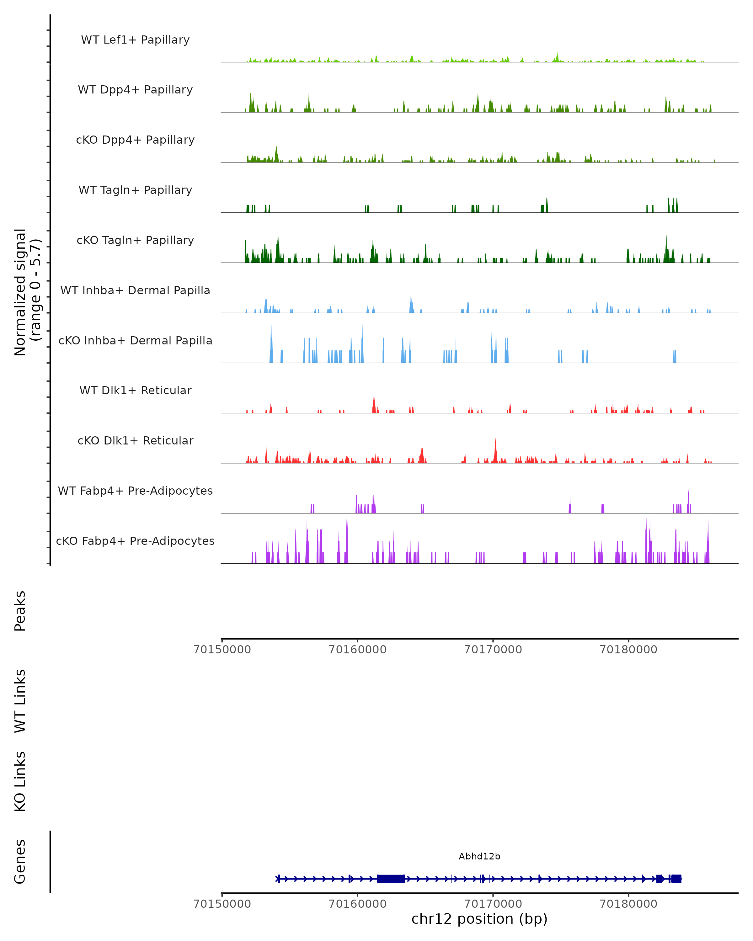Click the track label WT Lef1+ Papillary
(135, 40)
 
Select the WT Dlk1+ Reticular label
(135, 390)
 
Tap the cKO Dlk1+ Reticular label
(135, 440)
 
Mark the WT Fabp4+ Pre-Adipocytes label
(135, 491)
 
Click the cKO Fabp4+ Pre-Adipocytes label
(135, 541)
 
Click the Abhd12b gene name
(479, 856)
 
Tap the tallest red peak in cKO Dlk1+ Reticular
(495, 449)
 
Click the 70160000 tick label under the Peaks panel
(357, 650)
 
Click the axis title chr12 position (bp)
(479, 919)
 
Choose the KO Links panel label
(20, 782)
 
